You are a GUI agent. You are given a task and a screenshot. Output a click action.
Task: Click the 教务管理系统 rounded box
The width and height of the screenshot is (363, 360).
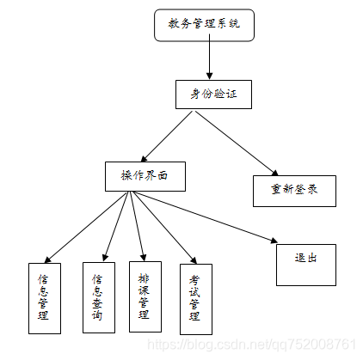click(x=206, y=25)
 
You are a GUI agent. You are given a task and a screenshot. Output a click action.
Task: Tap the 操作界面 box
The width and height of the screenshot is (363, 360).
click(x=145, y=175)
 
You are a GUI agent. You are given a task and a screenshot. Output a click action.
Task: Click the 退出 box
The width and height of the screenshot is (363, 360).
click(x=305, y=265)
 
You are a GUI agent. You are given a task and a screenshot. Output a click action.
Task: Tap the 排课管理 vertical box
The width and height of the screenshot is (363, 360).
click(x=145, y=296)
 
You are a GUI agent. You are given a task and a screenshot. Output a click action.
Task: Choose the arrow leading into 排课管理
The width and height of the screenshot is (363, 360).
click(x=137, y=225)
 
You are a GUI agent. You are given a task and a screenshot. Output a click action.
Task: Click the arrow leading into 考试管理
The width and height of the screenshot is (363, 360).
click(x=161, y=225)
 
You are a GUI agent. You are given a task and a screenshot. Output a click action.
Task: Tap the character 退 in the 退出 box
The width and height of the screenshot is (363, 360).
click(x=299, y=257)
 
